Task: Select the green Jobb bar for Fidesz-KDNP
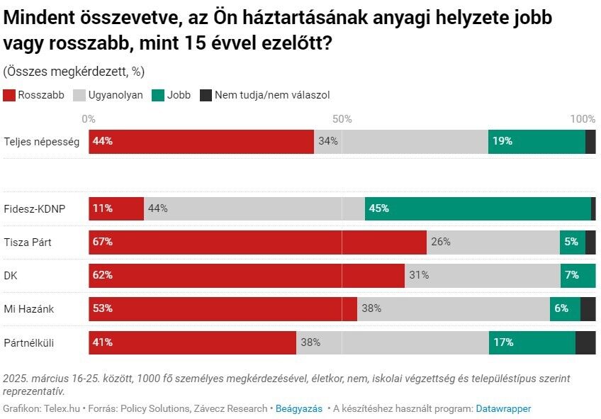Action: coord(478,208)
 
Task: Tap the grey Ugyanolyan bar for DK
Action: coord(482,275)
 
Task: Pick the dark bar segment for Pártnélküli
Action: coord(585,342)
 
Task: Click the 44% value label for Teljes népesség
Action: coord(103,141)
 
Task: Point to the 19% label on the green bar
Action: coord(502,141)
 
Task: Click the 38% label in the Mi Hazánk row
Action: coord(371,308)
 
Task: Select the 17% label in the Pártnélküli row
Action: coord(503,342)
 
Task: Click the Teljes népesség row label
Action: coord(41,141)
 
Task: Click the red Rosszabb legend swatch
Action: coord(9,95)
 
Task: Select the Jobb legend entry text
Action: coord(179,95)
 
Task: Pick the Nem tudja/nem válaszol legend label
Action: coord(272,95)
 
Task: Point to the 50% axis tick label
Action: coord(342,118)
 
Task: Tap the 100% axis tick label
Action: coord(583,118)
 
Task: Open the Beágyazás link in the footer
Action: coord(298,408)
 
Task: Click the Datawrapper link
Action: coord(503,408)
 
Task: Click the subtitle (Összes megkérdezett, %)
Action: coord(74,71)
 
